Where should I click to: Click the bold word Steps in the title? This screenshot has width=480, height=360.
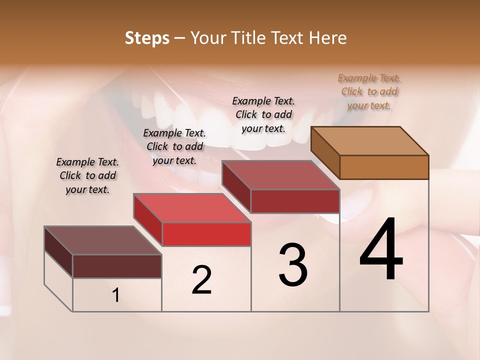click(147, 38)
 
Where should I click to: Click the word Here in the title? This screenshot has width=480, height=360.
click(327, 38)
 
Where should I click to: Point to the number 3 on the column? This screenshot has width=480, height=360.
click(292, 265)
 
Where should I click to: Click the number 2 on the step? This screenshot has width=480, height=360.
click(201, 280)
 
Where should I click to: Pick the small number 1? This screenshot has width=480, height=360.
click(116, 295)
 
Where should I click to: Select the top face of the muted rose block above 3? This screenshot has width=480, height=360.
click(281, 175)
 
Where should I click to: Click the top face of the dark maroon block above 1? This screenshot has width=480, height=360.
click(103, 240)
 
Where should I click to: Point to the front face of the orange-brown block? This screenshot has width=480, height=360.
click(384, 167)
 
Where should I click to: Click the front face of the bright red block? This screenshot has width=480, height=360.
click(206, 234)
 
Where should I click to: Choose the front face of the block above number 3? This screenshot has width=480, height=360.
click(295, 201)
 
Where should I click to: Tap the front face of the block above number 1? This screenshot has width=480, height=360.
click(117, 266)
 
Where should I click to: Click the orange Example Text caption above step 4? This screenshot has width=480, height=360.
click(369, 91)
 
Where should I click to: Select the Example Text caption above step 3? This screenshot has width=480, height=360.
click(263, 114)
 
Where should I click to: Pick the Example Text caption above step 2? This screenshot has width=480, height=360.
click(174, 146)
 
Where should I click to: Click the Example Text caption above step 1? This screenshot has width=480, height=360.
click(87, 175)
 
